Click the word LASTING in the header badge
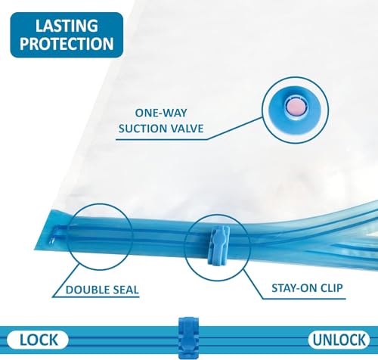tap(67, 26)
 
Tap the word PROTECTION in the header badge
tap(67, 43)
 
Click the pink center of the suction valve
tap(295, 107)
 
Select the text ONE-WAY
tap(161, 113)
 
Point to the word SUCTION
tap(141, 129)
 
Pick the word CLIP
tap(331, 288)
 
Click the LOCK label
tap(39, 340)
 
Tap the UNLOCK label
tap(339, 340)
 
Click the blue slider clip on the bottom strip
tap(188, 338)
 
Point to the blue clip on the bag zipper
tap(218, 245)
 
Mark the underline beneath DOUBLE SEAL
tap(96, 297)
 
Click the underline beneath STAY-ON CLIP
tap(304, 299)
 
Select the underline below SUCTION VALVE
tap(161, 139)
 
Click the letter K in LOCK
tap(53, 340)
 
